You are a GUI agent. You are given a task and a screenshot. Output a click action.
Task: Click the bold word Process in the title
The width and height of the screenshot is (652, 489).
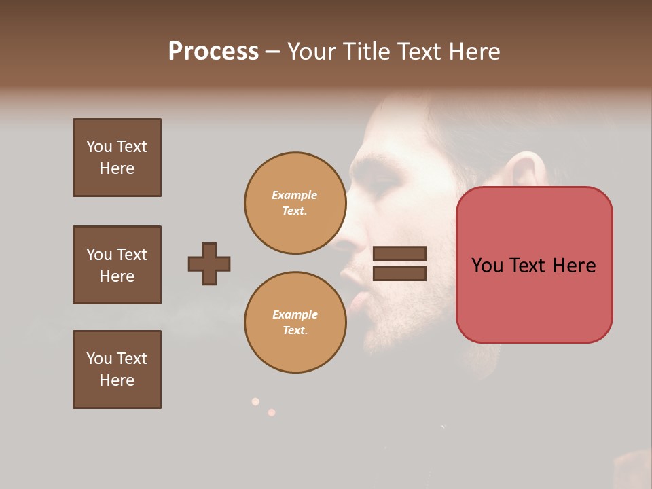pyautogui.click(x=213, y=52)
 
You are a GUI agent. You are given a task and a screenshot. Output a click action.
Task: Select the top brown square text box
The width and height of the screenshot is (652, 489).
pyautogui.click(x=117, y=158)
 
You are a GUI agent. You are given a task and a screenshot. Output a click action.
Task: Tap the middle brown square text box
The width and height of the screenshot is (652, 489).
pyautogui.click(x=117, y=265)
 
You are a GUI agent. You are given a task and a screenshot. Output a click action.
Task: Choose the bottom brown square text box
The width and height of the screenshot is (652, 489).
pyautogui.click(x=117, y=369)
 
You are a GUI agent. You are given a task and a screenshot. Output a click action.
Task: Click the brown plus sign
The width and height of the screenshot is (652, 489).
pyautogui.click(x=209, y=264)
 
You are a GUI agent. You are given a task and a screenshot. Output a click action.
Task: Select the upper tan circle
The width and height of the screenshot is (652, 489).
pyautogui.click(x=295, y=203)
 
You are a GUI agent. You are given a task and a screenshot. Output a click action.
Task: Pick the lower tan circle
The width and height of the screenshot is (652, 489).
pyautogui.click(x=295, y=323)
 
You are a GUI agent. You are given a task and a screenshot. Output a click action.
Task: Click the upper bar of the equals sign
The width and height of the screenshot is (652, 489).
pyautogui.click(x=400, y=253)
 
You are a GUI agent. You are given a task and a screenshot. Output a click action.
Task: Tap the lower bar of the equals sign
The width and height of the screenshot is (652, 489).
pyautogui.click(x=400, y=274)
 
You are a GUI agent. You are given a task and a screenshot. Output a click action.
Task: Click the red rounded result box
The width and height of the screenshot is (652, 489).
pyautogui.click(x=534, y=265)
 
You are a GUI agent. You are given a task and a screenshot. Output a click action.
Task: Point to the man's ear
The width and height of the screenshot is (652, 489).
pyautogui.click(x=524, y=170)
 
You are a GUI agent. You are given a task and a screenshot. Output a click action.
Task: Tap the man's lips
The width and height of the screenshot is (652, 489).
pyautogui.click(x=352, y=289)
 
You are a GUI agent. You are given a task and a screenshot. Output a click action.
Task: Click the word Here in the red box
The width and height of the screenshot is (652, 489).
pyautogui.click(x=574, y=266)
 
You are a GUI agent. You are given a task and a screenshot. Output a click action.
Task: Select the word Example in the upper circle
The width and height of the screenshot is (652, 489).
pyautogui.click(x=295, y=195)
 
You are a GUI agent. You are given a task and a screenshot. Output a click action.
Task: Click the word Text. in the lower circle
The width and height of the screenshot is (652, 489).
pyautogui.click(x=295, y=331)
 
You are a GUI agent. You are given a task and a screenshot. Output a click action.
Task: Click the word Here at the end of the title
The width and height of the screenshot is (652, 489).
pyautogui.click(x=473, y=52)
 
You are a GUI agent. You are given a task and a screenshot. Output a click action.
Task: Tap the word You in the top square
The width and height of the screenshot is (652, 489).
pyautogui.click(x=99, y=147)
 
